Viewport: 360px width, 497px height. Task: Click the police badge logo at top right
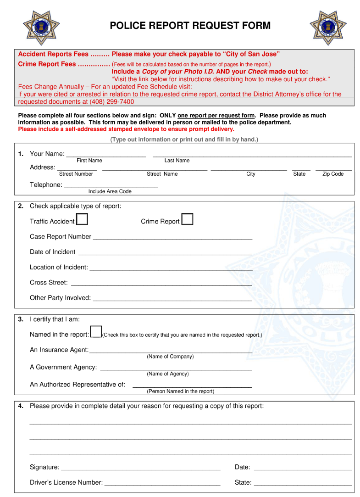pos(327,28)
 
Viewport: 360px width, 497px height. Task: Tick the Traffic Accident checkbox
pos(82,219)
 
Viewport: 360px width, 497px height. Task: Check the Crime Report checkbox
pos(187,219)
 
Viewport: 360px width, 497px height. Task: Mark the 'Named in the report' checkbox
pos(96,331)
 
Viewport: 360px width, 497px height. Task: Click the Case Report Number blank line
pos(172,237)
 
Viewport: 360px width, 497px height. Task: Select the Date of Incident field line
pos(165,252)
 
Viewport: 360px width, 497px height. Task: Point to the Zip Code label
pos(333,174)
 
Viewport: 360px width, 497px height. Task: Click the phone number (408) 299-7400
pos(112,102)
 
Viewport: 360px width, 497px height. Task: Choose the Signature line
pos(141,468)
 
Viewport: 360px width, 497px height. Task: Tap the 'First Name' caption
pos(89,161)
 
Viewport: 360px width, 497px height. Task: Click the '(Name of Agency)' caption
pos(167,374)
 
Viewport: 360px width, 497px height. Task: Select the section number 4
pos(21,406)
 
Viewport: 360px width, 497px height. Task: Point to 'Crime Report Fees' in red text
pos(47,64)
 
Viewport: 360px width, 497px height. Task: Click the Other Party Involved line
pos(172,298)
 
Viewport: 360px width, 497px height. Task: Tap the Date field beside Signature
pos(303,468)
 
